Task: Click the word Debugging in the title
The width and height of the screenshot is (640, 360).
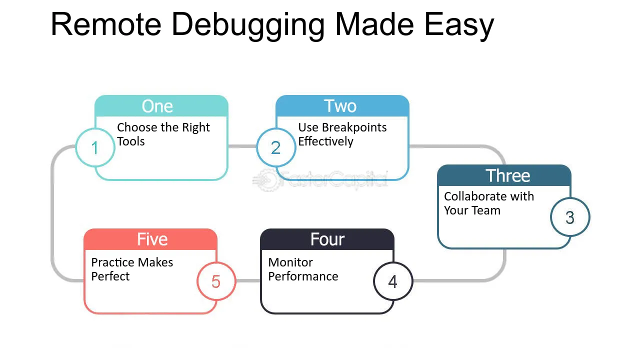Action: click(247, 25)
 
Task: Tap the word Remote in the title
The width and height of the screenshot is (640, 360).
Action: click(106, 24)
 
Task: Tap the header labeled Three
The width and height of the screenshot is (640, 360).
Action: click(504, 175)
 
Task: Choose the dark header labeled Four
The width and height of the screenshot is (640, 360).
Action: click(327, 239)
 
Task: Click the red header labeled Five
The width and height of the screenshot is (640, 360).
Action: click(150, 239)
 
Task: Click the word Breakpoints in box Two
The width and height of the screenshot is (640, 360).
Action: click(354, 127)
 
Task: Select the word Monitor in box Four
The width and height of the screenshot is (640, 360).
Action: click(290, 262)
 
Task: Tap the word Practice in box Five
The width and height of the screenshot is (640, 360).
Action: click(114, 262)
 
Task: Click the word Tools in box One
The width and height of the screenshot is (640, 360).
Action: click(131, 141)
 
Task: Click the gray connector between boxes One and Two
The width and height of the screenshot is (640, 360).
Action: click(242, 146)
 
